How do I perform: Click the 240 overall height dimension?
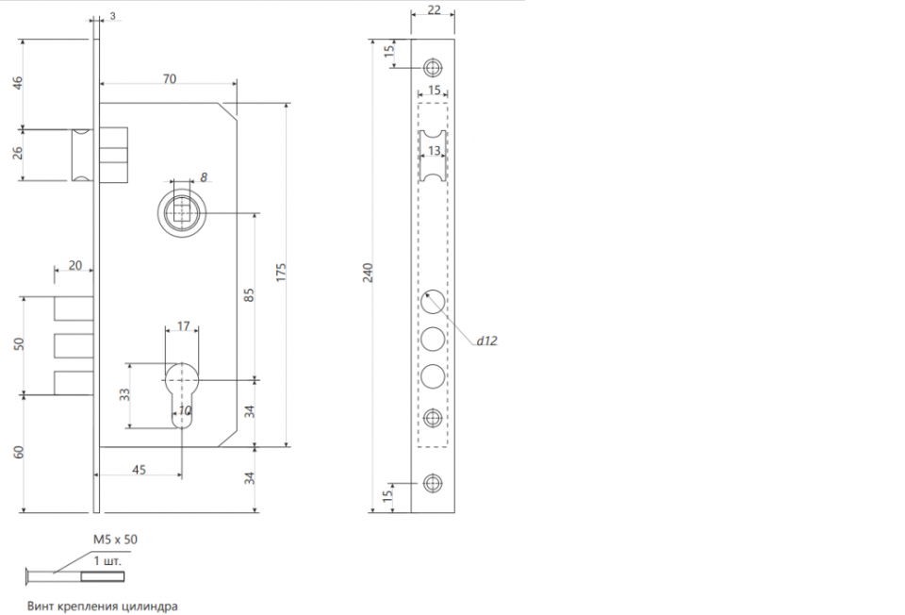[x=368, y=273]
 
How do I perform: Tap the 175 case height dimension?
[x=281, y=273]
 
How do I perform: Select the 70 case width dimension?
[x=169, y=78]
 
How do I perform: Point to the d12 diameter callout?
[x=486, y=341]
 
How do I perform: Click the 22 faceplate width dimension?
[x=434, y=9]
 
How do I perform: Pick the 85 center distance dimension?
[x=249, y=295]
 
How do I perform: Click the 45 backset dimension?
[x=139, y=470]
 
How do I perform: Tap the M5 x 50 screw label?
[x=115, y=540]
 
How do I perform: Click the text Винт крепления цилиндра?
[x=103, y=607]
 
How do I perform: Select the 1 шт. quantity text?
[x=107, y=560]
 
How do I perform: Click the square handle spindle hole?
[x=182, y=212]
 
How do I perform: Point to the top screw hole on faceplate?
[x=433, y=68]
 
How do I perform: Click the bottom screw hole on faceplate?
[x=433, y=483]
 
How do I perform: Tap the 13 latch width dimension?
[x=434, y=151]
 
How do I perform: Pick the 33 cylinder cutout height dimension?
[x=124, y=395]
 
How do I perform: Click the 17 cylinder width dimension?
[x=183, y=326]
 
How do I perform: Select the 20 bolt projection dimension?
[x=75, y=266]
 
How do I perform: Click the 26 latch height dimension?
[x=18, y=153]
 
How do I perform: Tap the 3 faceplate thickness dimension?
[x=112, y=16]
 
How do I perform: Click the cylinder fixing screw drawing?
[x=75, y=575]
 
